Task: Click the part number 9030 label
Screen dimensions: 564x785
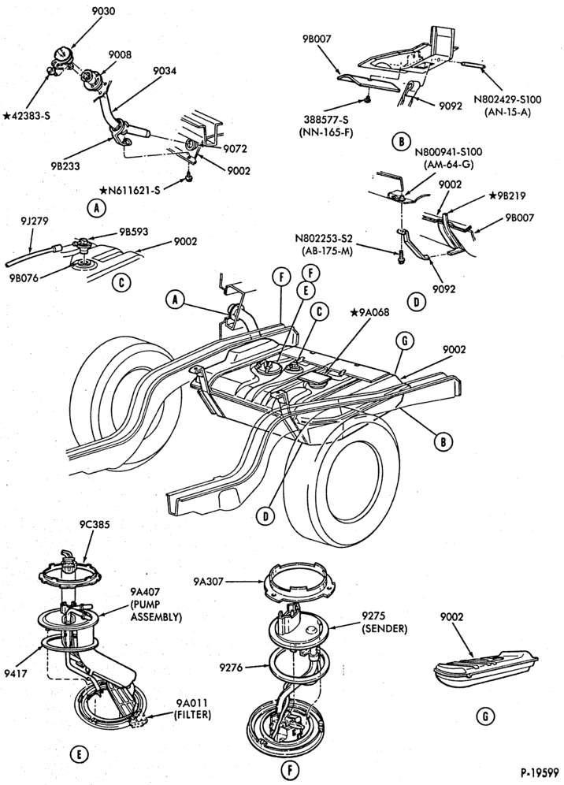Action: pos(104,10)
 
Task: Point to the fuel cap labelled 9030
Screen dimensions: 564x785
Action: pos(62,54)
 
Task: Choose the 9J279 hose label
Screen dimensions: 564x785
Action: pos(35,220)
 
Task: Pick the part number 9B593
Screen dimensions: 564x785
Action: pos(134,232)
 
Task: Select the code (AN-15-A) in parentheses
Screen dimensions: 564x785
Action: pos(507,112)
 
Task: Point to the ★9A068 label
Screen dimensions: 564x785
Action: pos(369,312)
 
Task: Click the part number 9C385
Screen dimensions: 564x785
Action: pos(94,525)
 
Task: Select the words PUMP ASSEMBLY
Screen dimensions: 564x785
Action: pos(156,611)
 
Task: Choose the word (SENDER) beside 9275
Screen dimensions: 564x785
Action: pos(384,628)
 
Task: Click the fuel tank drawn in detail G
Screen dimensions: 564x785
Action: pos(486,670)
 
